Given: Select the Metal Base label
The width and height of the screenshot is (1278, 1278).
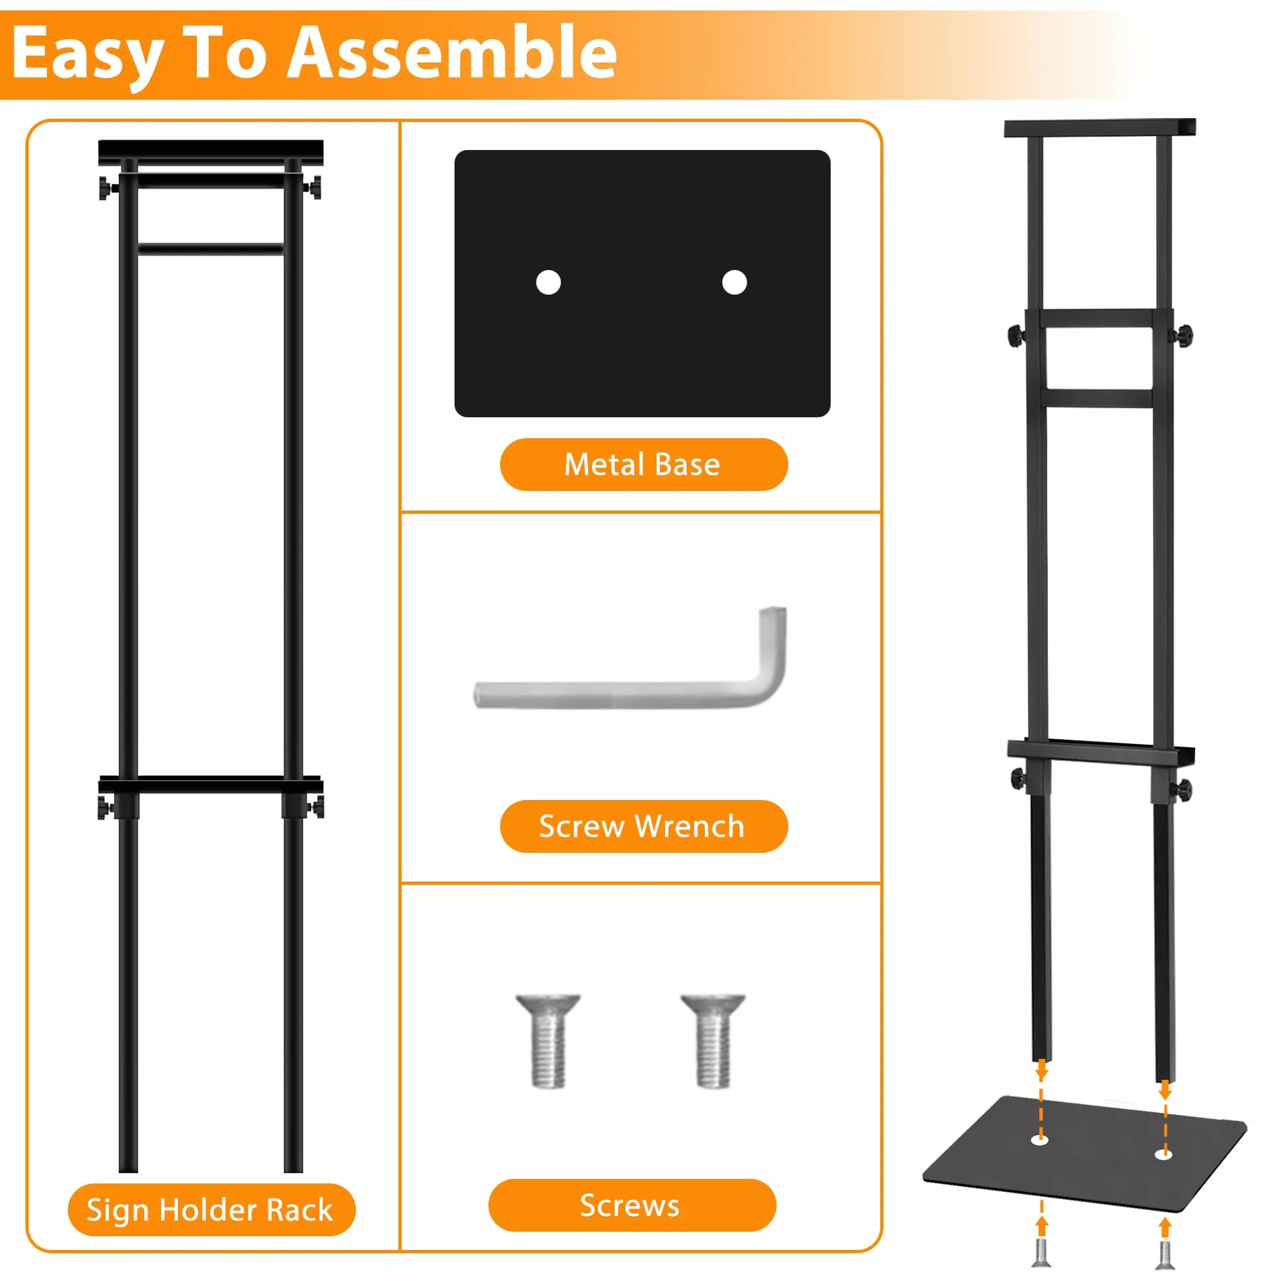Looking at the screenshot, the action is point(643,464).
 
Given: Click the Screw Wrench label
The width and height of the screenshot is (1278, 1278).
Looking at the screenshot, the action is point(643,826).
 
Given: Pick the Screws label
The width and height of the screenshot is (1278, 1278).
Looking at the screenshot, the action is point(632,1205).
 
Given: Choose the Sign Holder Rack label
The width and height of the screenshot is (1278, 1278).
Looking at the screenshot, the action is point(211,1210).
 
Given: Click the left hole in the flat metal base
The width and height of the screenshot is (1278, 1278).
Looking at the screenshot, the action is point(548,282).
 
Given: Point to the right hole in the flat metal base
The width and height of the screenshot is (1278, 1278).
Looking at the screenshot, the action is point(734,282).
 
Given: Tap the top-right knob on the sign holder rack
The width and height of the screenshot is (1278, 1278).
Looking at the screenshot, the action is point(314,187).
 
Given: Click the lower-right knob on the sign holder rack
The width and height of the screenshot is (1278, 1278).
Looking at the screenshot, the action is point(315,807).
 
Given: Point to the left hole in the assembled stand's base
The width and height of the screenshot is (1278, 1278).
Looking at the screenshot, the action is point(1040,1140).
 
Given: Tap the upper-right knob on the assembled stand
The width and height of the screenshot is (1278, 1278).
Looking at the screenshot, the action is point(1183,335).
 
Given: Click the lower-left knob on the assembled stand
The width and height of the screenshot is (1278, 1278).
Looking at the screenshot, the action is point(1017,778).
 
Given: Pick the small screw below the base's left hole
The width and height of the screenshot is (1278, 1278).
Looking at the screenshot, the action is point(1041,1253).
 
